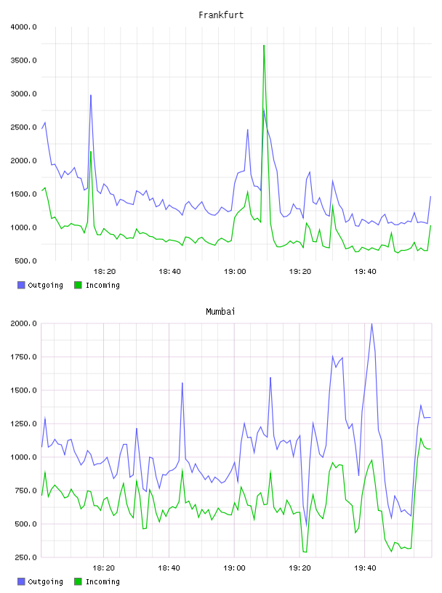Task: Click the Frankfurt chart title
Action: [x=221, y=15]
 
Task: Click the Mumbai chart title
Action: [x=220, y=312]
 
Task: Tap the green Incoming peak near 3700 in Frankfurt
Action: [x=264, y=46]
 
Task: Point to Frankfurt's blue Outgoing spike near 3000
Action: [x=91, y=95]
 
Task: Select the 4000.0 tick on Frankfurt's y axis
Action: [x=23, y=27]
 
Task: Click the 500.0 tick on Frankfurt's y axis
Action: [x=25, y=261]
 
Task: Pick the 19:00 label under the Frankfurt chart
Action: [x=235, y=272]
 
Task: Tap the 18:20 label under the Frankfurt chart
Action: [x=105, y=272]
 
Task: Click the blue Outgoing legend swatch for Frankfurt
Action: [x=21, y=285]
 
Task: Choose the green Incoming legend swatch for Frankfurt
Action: [x=78, y=285]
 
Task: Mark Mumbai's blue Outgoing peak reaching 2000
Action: [x=371, y=324]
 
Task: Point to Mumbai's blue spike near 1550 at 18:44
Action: [x=182, y=383]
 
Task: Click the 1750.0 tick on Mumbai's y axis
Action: [x=23, y=357]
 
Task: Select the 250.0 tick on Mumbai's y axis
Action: [x=25, y=557]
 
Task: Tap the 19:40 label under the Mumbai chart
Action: [x=365, y=568]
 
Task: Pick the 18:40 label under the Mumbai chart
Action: [x=169, y=568]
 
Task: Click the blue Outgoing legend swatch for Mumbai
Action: [x=21, y=581]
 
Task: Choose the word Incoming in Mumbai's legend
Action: [x=103, y=582]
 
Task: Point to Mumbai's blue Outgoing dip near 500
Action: [x=306, y=525]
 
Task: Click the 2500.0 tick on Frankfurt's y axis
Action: [x=23, y=127]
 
